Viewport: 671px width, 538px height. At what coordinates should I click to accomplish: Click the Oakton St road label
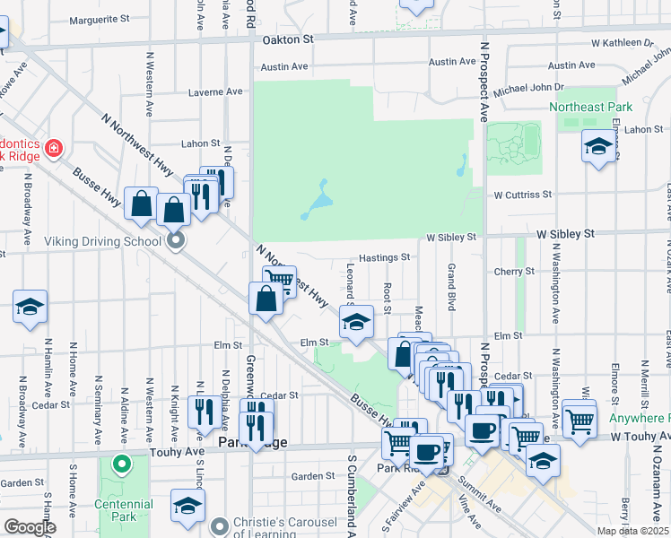(288, 39)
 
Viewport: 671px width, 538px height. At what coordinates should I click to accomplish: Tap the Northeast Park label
(590, 107)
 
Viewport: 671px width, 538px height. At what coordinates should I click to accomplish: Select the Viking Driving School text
(109, 241)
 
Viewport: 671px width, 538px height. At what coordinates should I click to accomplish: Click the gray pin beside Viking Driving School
(176, 239)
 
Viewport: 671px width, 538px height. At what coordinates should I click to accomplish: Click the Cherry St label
(514, 271)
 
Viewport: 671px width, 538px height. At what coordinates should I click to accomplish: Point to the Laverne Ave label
(215, 91)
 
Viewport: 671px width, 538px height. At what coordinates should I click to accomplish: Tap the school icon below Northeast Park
(598, 146)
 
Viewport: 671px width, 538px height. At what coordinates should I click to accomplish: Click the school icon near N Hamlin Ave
(30, 307)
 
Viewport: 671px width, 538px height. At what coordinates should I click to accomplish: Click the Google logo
(30, 528)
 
